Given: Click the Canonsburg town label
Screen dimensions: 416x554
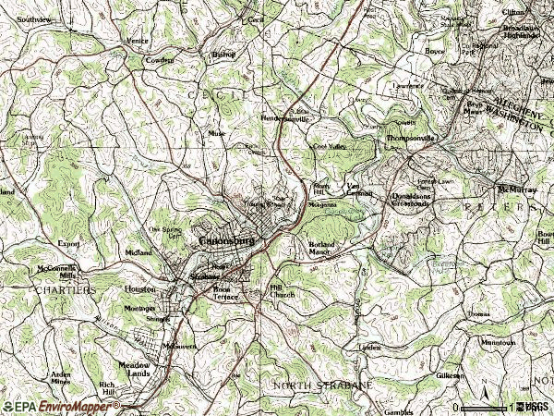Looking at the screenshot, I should click(x=226, y=241).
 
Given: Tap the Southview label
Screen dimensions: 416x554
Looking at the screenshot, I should click(x=35, y=18).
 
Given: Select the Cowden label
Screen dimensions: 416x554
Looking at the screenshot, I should click(x=160, y=60).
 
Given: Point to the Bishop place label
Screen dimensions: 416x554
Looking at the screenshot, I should click(x=224, y=55).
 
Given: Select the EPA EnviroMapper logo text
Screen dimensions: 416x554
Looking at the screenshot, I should click(x=42, y=407).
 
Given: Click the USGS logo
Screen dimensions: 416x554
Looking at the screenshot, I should click(x=535, y=407).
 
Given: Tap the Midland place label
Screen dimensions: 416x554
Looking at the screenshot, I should click(x=138, y=252).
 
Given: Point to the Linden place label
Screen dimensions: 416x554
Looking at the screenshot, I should click(x=370, y=347).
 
